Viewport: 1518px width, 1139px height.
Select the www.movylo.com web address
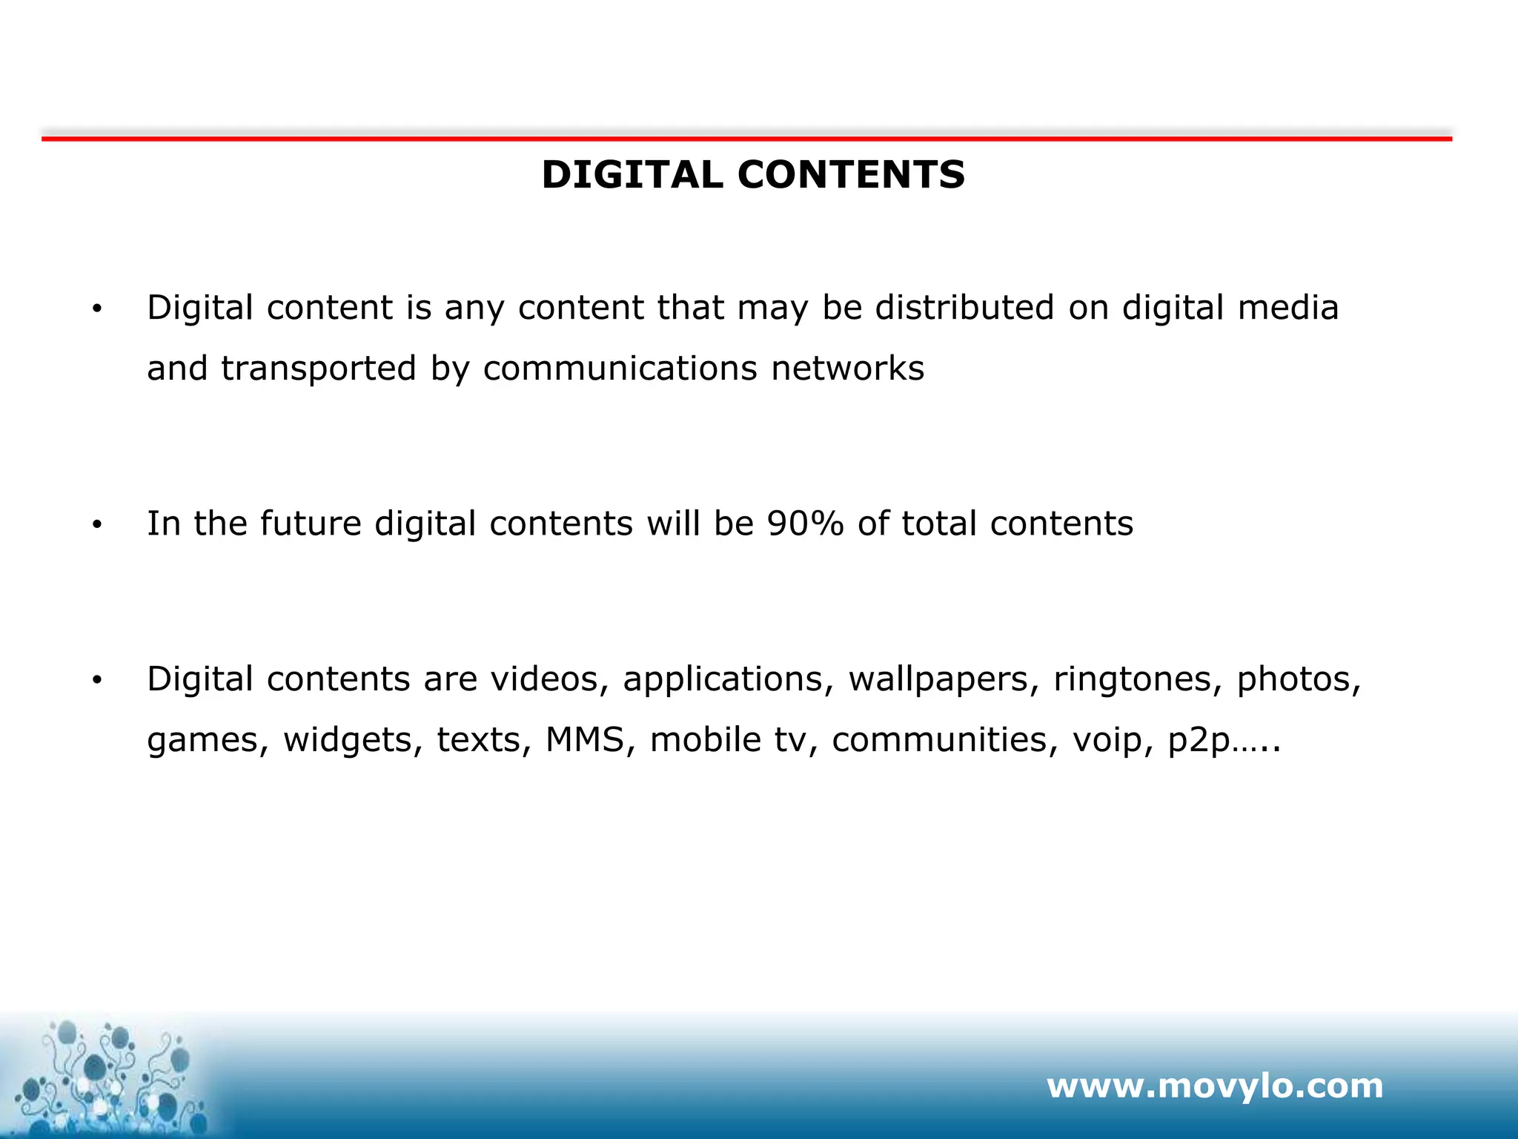coord(1214,1086)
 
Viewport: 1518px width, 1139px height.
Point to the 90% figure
coord(805,524)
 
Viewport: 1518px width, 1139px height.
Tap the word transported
coord(319,369)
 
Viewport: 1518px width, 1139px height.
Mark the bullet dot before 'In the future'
coord(96,525)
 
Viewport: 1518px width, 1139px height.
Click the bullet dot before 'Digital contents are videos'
coord(96,681)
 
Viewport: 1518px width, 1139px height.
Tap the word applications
coord(723,680)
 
